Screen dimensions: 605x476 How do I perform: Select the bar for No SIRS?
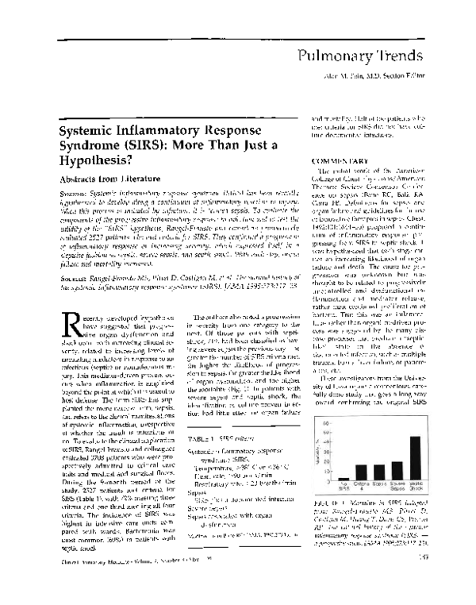pos(343,479)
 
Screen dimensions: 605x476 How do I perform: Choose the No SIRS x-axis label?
pos(343,487)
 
